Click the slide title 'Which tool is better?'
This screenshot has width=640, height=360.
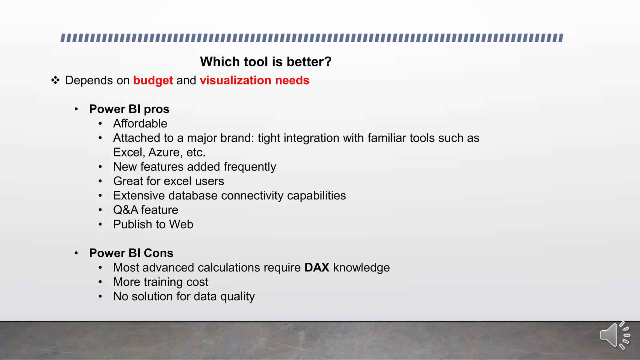(266, 62)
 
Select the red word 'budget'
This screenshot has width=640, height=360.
(153, 80)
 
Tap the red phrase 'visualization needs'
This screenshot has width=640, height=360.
(254, 80)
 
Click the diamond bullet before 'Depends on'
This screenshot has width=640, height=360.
(55, 80)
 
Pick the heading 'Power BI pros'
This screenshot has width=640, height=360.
(129, 109)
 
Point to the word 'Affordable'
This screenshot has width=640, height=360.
(140, 123)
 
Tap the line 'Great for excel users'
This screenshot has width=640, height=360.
(168, 181)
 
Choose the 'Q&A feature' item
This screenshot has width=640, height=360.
(146, 210)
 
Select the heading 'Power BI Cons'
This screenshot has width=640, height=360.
(131, 253)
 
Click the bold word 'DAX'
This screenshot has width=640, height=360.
(317, 267)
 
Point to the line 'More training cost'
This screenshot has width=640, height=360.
(161, 282)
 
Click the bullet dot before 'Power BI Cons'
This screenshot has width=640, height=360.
(76, 253)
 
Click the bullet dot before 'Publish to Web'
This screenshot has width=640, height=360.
(100, 224)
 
